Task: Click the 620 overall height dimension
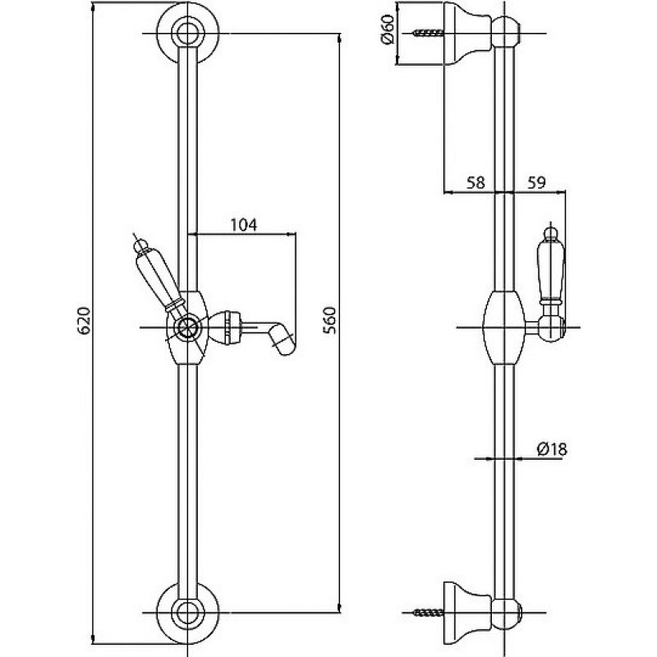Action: coord(85,320)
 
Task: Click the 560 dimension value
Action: coord(330,320)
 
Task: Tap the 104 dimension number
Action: coord(244,225)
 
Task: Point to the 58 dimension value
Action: coord(476,182)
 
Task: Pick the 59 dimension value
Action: coord(536,182)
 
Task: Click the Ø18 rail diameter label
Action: coord(552,449)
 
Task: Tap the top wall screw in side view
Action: coord(427,33)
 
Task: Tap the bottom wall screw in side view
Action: coord(427,613)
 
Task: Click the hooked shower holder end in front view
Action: coord(283,339)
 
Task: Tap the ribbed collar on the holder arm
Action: coord(230,327)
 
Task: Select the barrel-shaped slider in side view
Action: coord(503,328)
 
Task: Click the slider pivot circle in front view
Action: coord(187,327)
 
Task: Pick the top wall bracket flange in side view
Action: coord(466,34)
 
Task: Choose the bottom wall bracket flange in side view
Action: coord(466,613)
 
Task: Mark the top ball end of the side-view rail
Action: coord(506,32)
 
